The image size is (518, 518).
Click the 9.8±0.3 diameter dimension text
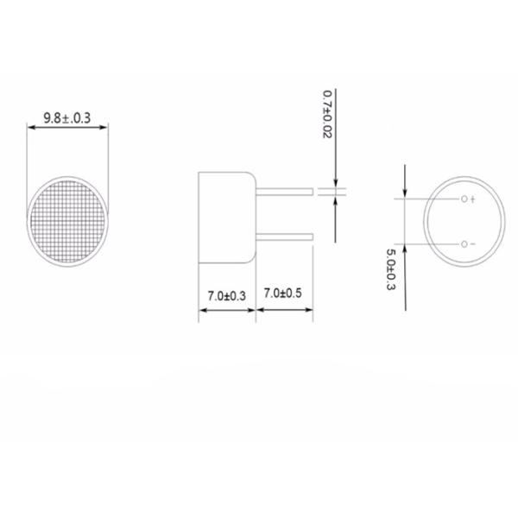[x=67, y=113]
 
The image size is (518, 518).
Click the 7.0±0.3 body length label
[x=227, y=295]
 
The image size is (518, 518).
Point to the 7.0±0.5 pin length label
[x=284, y=295]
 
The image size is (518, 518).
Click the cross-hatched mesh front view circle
[x=68, y=221]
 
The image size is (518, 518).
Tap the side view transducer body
[x=226, y=219]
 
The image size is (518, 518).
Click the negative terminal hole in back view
[x=464, y=244]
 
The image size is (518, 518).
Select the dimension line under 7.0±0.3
[x=227, y=306]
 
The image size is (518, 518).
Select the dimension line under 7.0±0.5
[x=284, y=306]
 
